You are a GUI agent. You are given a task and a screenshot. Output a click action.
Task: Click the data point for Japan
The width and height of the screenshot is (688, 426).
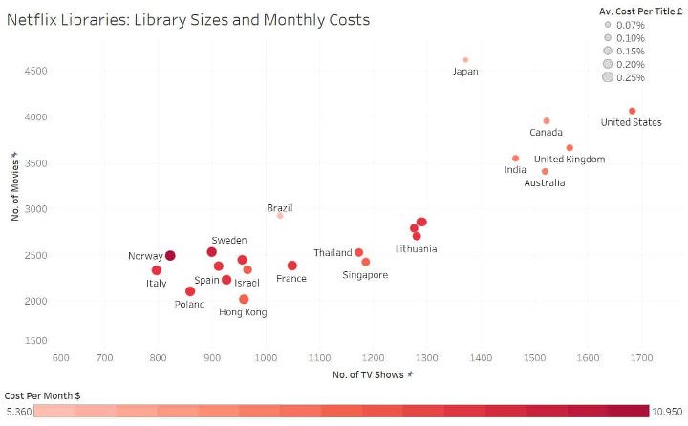point(465,60)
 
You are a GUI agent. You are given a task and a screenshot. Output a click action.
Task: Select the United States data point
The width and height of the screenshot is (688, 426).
point(633,111)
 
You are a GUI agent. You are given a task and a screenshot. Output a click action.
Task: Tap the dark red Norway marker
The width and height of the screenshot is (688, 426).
point(170,255)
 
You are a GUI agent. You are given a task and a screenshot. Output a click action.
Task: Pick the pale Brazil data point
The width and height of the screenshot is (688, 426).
point(280,216)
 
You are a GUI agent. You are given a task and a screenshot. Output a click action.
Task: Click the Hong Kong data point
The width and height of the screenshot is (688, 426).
point(244,299)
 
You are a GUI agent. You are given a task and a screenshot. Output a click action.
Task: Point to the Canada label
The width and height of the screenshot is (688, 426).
point(546,133)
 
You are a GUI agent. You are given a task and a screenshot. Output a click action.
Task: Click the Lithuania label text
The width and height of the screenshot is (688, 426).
point(417,249)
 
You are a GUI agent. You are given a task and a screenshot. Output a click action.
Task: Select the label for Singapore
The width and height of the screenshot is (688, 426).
point(365,275)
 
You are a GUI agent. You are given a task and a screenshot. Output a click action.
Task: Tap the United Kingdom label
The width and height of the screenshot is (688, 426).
point(570,160)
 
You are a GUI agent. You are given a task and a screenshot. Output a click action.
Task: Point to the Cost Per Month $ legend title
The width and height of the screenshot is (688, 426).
point(41,394)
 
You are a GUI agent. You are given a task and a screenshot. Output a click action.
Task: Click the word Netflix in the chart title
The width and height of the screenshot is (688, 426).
point(33,19)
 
